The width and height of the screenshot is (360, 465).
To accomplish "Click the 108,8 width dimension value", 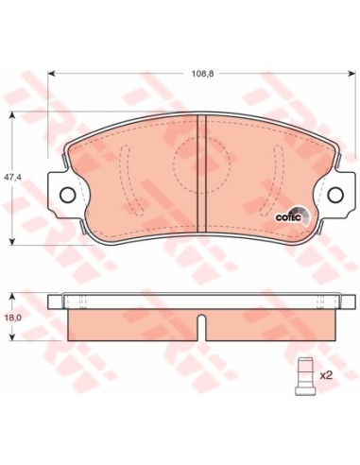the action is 203,74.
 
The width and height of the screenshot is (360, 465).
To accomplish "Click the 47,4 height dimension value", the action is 12,178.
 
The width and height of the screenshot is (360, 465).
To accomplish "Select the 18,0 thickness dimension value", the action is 12,318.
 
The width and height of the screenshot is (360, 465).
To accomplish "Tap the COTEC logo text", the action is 288,217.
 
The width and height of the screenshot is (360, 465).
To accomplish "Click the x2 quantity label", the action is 326,375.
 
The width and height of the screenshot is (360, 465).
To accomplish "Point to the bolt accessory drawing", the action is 304,376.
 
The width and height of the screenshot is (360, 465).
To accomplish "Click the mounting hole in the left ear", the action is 67,195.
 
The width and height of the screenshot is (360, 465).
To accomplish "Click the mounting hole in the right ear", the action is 335,195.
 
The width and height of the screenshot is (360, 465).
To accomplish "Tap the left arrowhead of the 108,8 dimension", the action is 50,74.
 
